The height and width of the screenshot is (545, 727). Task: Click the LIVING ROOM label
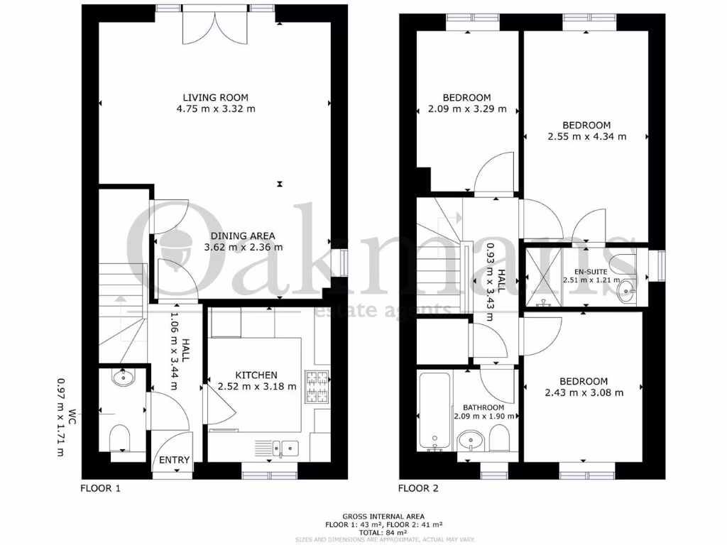coord(216,97)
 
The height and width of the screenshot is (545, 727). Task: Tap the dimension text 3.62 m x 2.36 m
coord(244,248)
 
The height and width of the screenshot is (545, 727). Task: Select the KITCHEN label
coord(257,375)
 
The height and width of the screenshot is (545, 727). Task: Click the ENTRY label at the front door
coord(174,460)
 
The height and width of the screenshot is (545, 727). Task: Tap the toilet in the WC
coord(120,439)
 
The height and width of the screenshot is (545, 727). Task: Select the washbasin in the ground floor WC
coord(124,377)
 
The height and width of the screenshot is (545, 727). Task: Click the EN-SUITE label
coord(580,271)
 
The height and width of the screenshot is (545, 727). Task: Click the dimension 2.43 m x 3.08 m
coord(584,392)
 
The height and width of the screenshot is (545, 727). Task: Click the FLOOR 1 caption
coord(100,488)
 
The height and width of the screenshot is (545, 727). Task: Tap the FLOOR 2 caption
coord(418,488)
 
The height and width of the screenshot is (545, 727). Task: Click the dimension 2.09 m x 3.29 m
coord(466,109)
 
